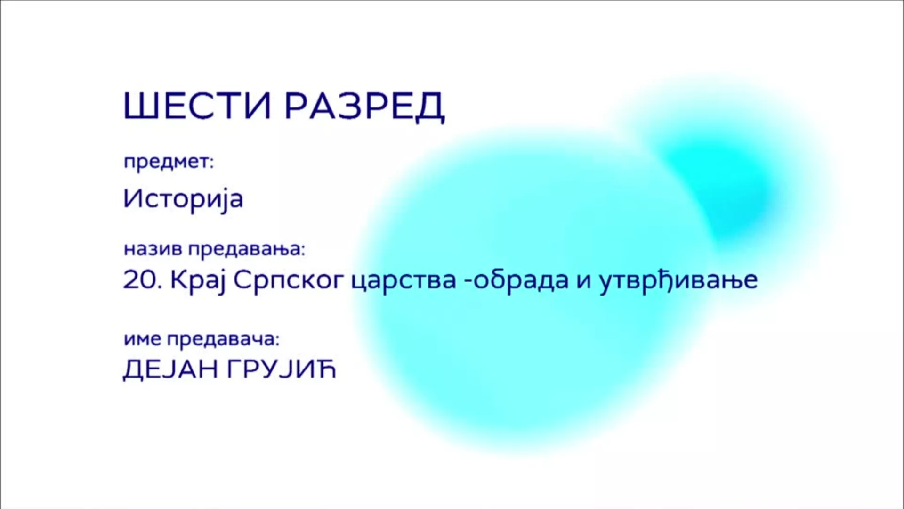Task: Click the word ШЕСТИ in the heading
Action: [x=197, y=107]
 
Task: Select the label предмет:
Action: [x=169, y=163]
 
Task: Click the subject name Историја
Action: [x=183, y=199]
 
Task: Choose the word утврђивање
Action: [x=678, y=280]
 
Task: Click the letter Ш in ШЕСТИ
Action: [x=139, y=107]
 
